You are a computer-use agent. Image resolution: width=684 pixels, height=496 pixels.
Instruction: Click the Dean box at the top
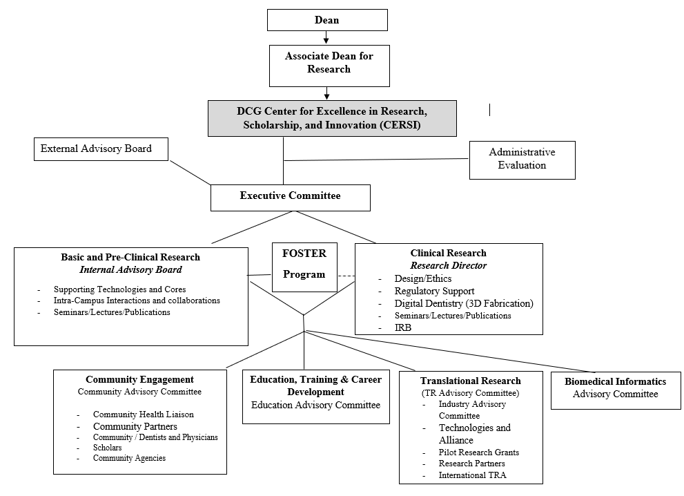click(327, 20)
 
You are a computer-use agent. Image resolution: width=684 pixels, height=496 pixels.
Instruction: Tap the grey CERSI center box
click(332, 118)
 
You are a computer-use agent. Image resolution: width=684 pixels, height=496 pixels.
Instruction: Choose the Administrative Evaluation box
click(522, 159)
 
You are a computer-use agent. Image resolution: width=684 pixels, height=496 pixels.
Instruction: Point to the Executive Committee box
click(290, 196)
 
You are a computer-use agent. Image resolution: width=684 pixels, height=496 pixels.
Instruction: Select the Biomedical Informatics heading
click(615, 381)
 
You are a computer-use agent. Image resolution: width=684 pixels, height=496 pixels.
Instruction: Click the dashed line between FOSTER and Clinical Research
click(346, 276)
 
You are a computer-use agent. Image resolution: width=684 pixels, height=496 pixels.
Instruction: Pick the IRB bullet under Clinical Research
click(403, 327)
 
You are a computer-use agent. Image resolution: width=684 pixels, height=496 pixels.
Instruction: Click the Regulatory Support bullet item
click(434, 291)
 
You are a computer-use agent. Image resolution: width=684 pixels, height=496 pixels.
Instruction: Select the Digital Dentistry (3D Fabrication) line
click(464, 303)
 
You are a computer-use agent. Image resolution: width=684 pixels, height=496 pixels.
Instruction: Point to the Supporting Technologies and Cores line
click(119, 289)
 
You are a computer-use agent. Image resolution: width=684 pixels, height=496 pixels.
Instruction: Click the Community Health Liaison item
click(144, 414)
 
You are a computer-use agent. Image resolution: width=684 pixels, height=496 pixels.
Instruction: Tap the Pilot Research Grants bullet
click(479, 452)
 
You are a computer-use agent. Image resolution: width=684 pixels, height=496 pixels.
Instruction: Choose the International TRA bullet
click(472, 475)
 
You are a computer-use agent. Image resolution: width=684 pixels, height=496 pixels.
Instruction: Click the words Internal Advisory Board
click(130, 269)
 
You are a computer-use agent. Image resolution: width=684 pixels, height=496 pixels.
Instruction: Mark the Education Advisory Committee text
click(315, 405)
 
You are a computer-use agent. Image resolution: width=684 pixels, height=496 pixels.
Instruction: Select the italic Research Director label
click(448, 265)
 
